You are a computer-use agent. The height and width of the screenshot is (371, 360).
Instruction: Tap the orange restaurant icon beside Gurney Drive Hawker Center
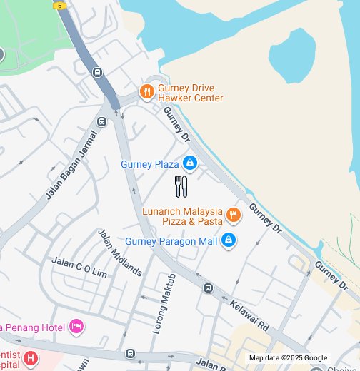(x=146, y=91)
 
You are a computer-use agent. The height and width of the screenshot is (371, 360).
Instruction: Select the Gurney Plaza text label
(x=149, y=164)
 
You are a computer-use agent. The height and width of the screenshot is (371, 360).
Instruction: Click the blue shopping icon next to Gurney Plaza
(x=189, y=164)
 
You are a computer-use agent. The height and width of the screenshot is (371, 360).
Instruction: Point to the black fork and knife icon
(x=181, y=187)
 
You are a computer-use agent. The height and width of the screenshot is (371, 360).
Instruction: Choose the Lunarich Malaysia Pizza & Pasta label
(x=182, y=216)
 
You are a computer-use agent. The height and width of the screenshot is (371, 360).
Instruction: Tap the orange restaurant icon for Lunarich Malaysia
(x=232, y=215)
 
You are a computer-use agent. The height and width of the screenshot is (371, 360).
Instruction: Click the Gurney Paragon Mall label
(x=171, y=241)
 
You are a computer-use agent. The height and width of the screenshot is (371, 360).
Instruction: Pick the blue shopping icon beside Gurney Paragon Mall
(x=228, y=240)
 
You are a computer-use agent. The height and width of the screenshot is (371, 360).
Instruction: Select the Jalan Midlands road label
(x=119, y=252)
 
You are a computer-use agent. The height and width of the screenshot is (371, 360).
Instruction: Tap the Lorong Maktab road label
(x=164, y=300)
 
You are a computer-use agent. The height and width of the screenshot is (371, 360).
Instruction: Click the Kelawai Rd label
(x=249, y=315)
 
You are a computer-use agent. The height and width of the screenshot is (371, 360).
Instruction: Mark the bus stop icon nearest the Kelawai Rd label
(x=208, y=288)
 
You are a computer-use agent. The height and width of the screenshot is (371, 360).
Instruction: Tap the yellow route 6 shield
(x=60, y=4)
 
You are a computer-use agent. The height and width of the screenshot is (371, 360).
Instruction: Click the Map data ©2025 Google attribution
(x=288, y=358)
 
